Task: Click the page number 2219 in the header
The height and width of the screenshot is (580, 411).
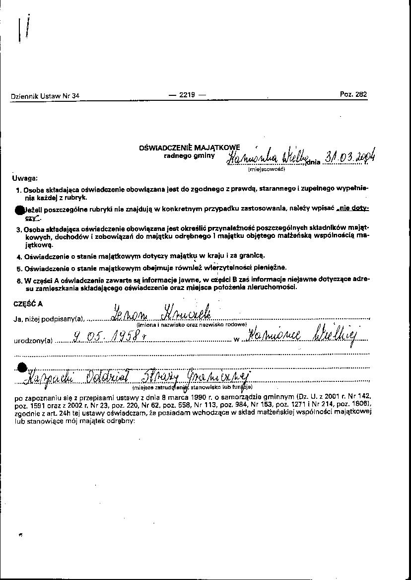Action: pyautogui.click(x=187, y=95)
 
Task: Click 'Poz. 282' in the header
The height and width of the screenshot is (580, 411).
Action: pyautogui.click(x=353, y=94)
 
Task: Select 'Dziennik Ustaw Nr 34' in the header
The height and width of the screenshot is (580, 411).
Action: pyautogui.click(x=45, y=96)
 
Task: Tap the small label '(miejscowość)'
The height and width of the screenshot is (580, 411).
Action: pyautogui.click(x=267, y=169)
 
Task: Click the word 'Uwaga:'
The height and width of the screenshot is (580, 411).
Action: pyautogui.click(x=25, y=178)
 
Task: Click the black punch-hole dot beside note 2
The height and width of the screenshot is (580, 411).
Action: pyautogui.click(x=19, y=210)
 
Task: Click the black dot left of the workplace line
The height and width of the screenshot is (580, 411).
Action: pyautogui.click(x=21, y=368)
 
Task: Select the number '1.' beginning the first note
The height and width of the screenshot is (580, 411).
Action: pyautogui.click(x=18, y=190)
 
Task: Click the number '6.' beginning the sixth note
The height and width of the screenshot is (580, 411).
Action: pyautogui.click(x=19, y=281)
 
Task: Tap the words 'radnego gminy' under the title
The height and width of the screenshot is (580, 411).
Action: pyautogui.click(x=190, y=155)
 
